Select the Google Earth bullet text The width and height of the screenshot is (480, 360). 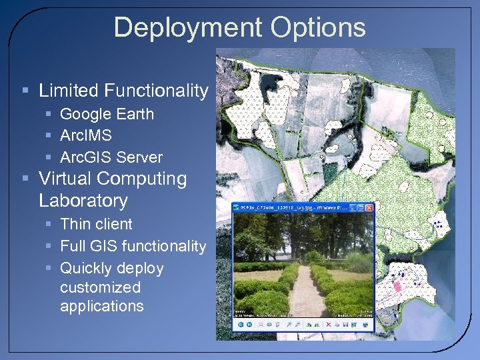click(x=107, y=114)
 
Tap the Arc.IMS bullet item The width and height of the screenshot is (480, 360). click(x=86, y=135)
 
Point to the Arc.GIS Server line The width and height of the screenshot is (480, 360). click(x=111, y=157)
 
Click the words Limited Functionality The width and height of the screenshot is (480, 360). click(x=123, y=91)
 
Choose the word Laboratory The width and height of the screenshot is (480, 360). click(x=83, y=201)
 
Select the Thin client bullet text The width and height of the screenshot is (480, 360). click(x=96, y=224)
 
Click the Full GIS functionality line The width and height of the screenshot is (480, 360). click(x=133, y=246)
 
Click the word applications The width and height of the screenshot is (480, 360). click(x=101, y=306)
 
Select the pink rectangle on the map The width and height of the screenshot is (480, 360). click(x=397, y=285)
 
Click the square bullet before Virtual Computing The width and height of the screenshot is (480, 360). click(x=25, y=179)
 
